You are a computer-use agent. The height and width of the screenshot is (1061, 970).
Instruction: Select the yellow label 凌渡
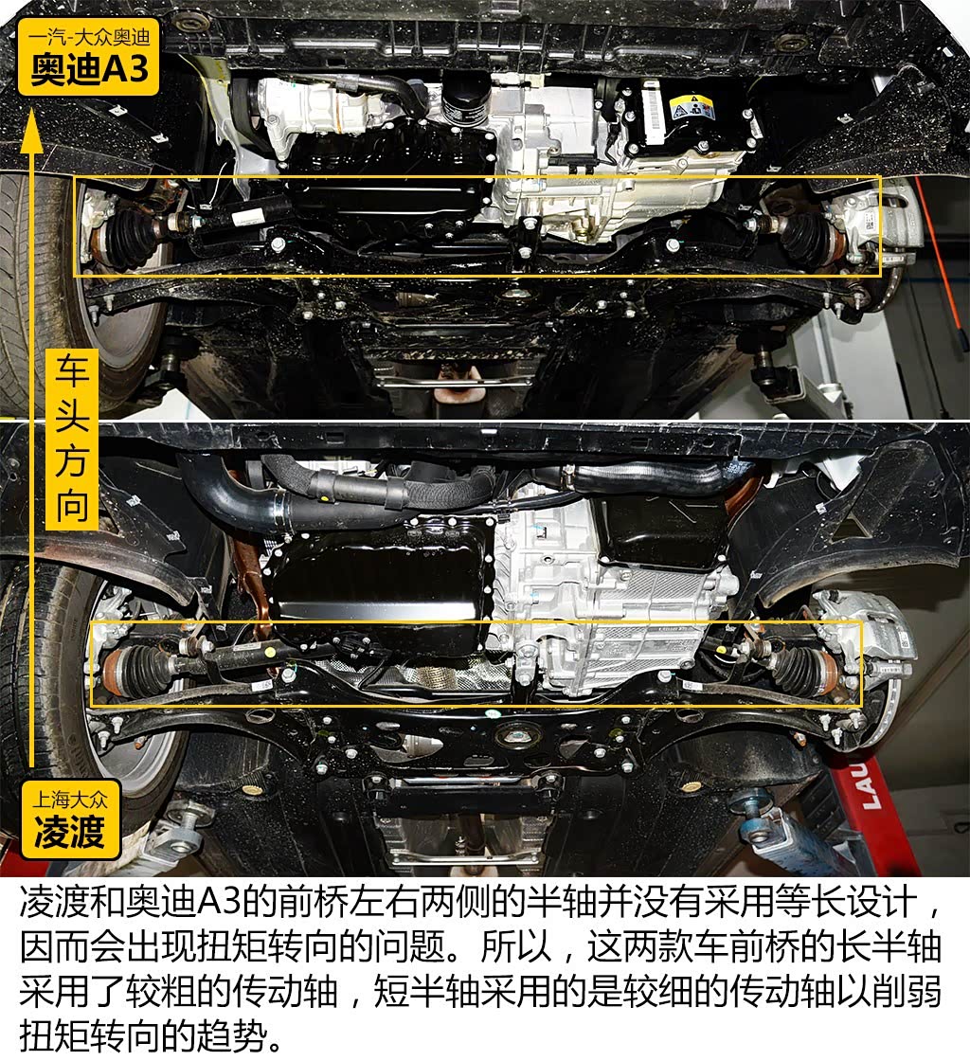click(68, 832)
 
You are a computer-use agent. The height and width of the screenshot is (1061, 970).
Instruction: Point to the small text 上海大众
click(68, 799)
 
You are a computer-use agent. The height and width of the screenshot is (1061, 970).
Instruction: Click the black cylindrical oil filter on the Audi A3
click(464, 94)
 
